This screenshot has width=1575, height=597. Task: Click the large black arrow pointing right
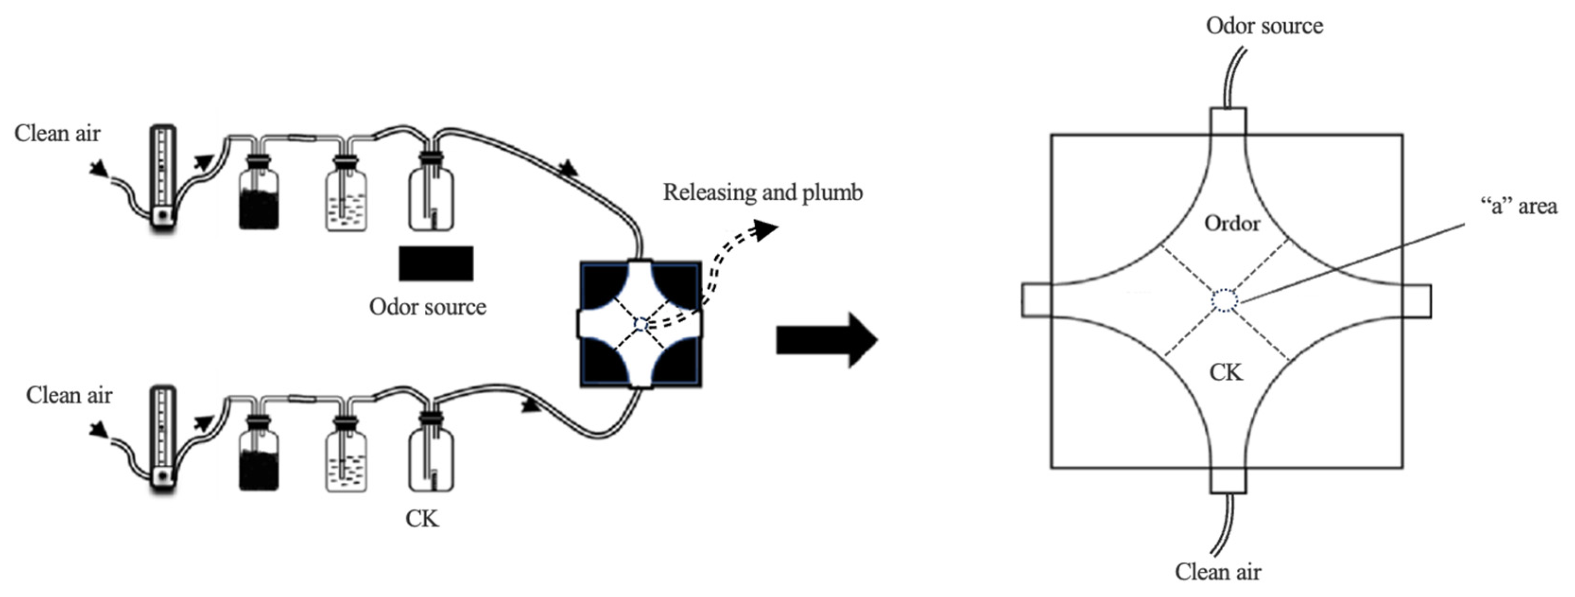(825, 340)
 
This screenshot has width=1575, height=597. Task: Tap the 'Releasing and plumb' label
(762, 192)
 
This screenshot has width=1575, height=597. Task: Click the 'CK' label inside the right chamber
(1226, 372)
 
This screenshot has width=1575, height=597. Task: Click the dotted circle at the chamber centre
(1224, 301)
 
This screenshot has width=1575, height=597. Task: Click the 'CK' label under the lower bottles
(422, 518)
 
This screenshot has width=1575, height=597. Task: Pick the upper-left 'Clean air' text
(57, 133)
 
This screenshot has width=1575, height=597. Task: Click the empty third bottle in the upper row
(431, 196)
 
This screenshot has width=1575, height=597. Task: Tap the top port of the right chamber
(1228, 121)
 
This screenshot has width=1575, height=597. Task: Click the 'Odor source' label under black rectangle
(428, 307)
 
